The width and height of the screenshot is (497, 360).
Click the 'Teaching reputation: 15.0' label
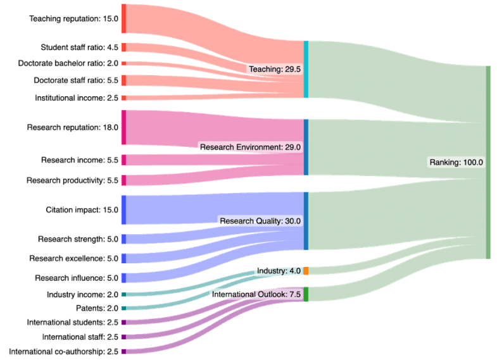(73, 19)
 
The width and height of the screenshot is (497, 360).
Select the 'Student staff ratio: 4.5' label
(79, 47)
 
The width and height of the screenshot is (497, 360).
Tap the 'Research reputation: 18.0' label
(72, 127)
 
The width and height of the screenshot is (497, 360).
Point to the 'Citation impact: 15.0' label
(82, 209)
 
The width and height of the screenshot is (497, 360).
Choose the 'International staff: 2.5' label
(80, 337)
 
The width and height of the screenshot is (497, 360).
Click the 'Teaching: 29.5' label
(274, 69)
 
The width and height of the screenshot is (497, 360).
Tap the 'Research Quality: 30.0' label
(260, 221)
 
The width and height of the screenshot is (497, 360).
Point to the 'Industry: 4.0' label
(278, 271)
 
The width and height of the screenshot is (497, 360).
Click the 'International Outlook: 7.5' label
(256, 294)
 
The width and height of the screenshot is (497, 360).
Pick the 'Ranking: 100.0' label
(456, 162)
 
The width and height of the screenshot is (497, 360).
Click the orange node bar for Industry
(306, 271)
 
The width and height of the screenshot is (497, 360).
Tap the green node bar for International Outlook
(306, 294)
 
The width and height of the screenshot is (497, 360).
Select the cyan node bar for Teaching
(306, 69)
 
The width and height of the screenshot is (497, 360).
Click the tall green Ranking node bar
(488, 162)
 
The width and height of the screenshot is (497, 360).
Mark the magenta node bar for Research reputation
(124, 127)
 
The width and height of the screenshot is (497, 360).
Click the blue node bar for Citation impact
(124, 209)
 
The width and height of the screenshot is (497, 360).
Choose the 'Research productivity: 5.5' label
(72, 180)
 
